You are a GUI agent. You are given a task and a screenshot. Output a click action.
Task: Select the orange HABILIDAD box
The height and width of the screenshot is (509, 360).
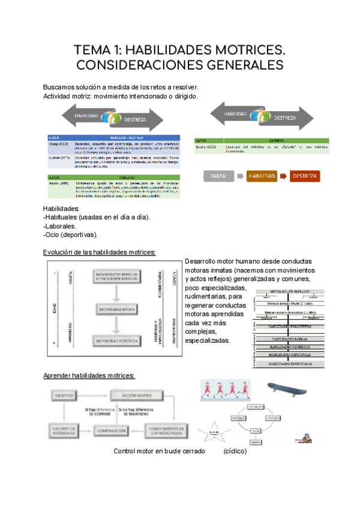click(x=262, y=176)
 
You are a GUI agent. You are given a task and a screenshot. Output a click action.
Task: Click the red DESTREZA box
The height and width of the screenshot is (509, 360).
click(x=305, y=176)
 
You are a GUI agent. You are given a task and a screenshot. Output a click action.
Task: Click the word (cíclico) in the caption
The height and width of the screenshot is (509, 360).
click(x=234, y=451)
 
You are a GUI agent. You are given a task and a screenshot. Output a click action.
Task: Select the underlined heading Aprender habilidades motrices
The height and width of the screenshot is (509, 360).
click(x=89, y=376)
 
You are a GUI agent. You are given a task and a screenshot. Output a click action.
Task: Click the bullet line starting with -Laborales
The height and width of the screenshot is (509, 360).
click(x=60, y=226)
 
